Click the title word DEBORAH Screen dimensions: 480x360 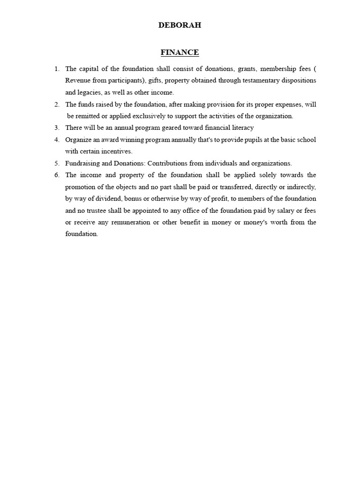(180, 25)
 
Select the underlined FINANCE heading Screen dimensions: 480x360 (180, 52)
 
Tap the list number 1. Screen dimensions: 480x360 (56, 68)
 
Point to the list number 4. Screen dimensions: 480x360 (56, 140)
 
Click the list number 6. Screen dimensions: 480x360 (56, 175)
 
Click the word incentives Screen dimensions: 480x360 (118, 151)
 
